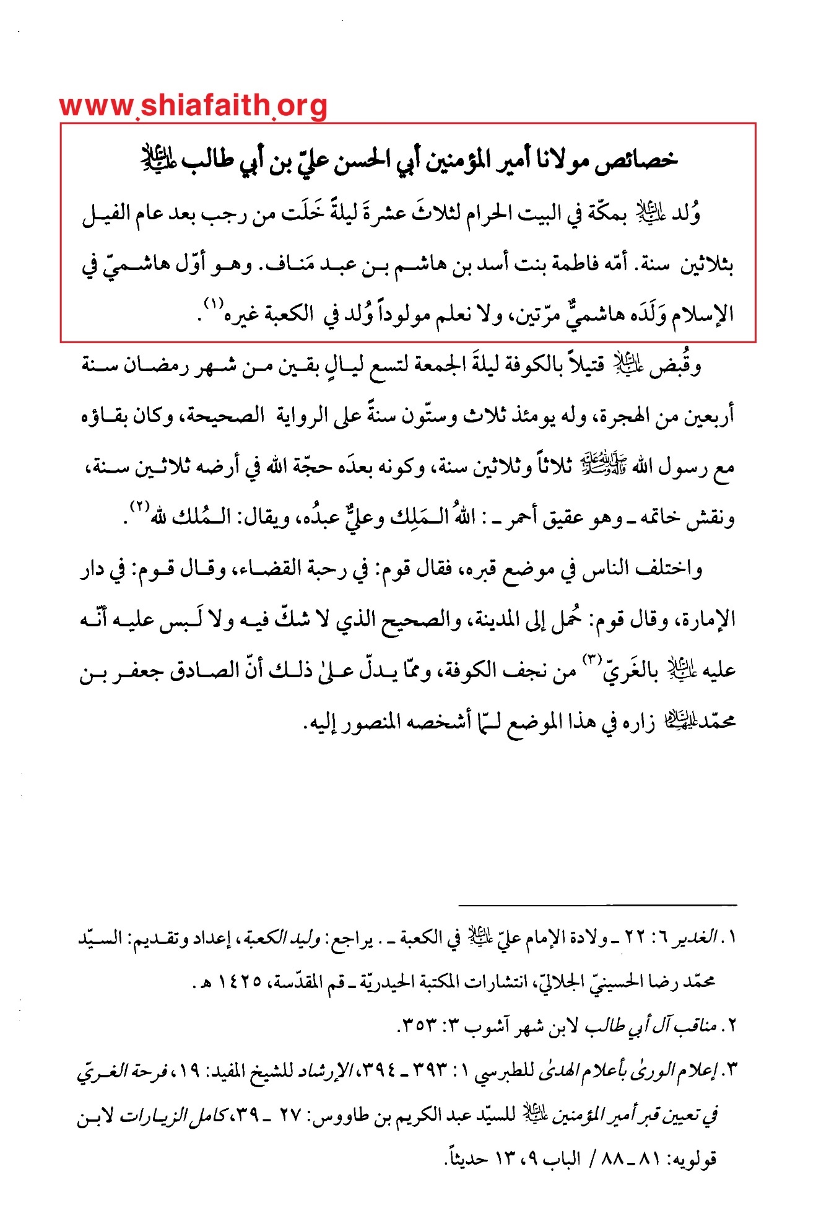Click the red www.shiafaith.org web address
tap(193, 107)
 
